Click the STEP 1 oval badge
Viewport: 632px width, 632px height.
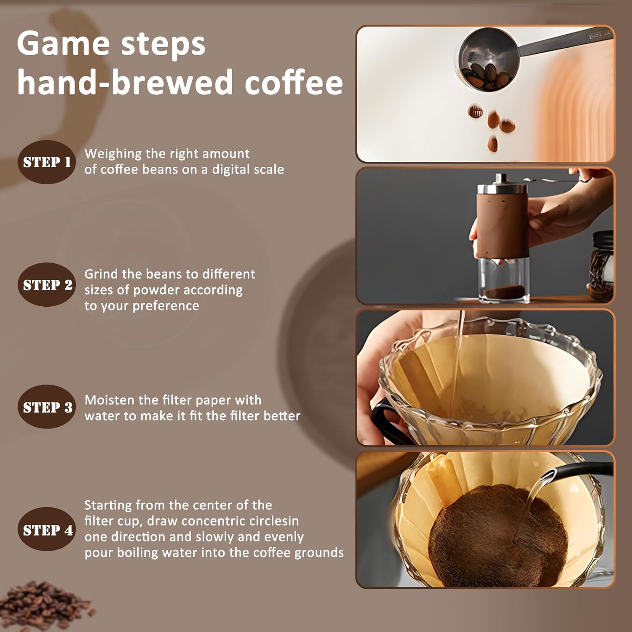pyautogui.click(x=47, y=162)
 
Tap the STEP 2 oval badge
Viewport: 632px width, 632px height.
pyautogui.click(x=47, y=285)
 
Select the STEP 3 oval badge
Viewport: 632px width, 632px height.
pyautogui.click(x=47, y=407)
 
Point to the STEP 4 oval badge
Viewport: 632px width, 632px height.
pyautogui.click(x=47, y=530)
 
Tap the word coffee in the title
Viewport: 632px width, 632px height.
pyautogui.click(x=294, y=82)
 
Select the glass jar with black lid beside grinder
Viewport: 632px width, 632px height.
pyautogui.click(x=601, y=265)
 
